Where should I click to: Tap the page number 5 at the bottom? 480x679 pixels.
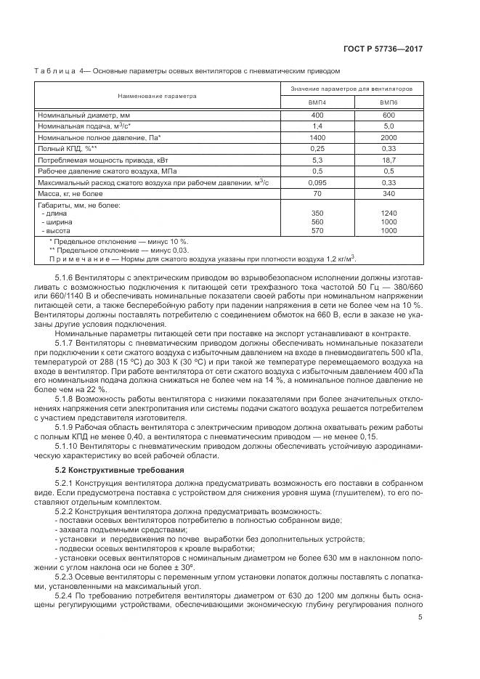pyautogui.click(x=420, y=617)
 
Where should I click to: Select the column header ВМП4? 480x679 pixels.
pyautogui.click(x=317, y=103)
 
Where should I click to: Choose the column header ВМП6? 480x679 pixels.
pyautogui.click(x=389, y=103)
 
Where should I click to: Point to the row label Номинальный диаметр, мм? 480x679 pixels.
pyautogui.click(x=84, y=115)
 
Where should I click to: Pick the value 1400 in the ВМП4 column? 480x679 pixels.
pyautogui.click(x=317, y=137)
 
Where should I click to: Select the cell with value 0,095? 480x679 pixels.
pyautogui.click(x=317, y=182)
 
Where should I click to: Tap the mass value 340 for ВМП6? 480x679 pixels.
pyautogui.click(x=389, y=194)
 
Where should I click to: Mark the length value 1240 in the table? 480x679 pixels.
pyautogui.click(x=389, y=214)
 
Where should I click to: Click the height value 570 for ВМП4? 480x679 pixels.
pyautogui.click(x=317, y=230)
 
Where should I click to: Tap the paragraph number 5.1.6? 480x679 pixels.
pyautogui.click(x=65, y=278)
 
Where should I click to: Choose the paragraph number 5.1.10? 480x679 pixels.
pyautogui.click(x=68, y=446)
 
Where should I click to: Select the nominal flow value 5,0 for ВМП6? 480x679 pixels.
pyautogui.click(x=389, y=126)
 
